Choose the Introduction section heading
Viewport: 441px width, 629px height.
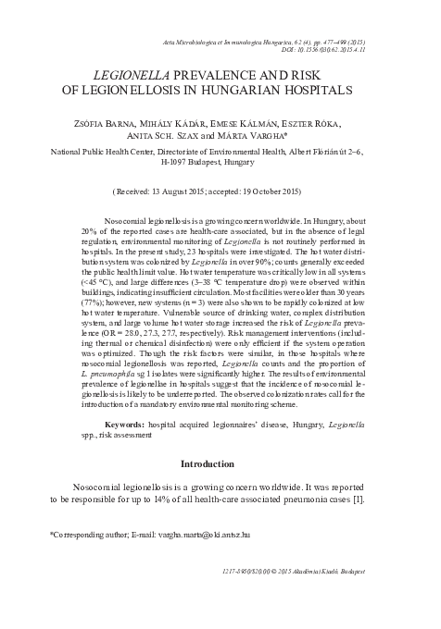[x=220, y=462]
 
